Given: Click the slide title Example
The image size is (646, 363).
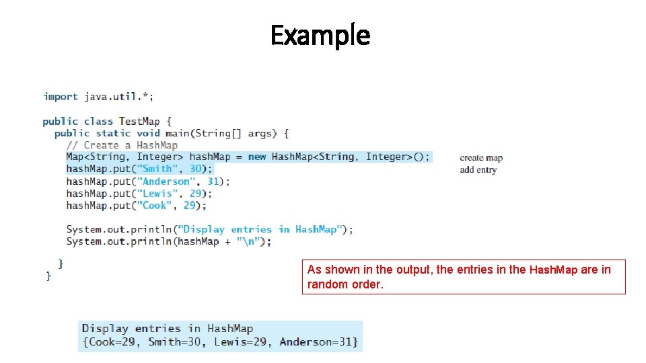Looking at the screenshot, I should pos(320,35).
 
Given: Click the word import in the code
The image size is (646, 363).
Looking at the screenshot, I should pos(61,97).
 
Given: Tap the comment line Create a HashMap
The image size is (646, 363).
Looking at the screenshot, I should pos(122,145).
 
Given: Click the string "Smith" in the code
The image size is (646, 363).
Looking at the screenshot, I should pos(157,169).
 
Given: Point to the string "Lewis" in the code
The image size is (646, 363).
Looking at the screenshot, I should pos(157,194).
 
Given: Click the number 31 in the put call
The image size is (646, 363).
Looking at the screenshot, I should pos(213,182).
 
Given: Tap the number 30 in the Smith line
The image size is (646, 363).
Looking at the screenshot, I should pos(196,169).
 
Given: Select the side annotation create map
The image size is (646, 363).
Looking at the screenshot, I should pos(481,158).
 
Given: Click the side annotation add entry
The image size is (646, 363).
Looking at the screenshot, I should pos(478,170).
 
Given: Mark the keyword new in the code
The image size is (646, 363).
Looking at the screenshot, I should pos(257,157).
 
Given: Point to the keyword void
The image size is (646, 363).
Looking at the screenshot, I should pos(148,133).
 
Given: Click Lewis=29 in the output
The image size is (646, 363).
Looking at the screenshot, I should pos(240,342).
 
